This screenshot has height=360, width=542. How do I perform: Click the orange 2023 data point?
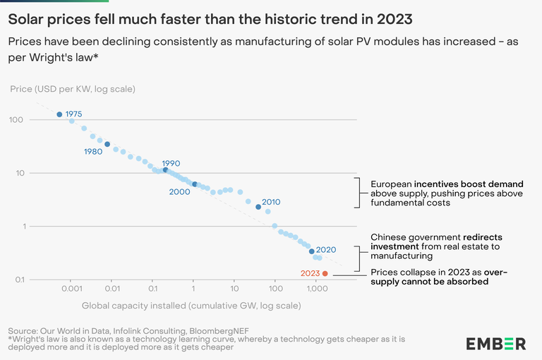[325, 273]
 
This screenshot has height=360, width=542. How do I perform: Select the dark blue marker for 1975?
[59, 114]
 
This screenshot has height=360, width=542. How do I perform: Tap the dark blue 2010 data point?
[258, 208]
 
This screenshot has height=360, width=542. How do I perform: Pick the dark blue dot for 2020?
[312, 251]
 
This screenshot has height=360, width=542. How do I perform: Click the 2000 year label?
[179, 191]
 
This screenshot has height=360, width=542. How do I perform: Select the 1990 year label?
[171, 164]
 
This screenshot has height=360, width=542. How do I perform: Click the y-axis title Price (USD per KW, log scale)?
[73, 89]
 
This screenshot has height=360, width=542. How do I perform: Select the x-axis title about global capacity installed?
[191, 306]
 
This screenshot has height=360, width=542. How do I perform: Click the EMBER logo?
[495, 344]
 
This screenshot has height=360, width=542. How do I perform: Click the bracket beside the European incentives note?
[359, 193]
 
